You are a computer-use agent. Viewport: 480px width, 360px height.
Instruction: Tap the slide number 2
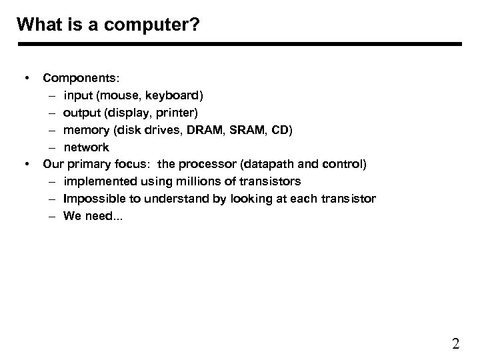point(455,344)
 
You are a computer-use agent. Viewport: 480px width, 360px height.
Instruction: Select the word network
point(86,147)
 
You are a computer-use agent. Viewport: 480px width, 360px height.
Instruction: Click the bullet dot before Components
point(26,77)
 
